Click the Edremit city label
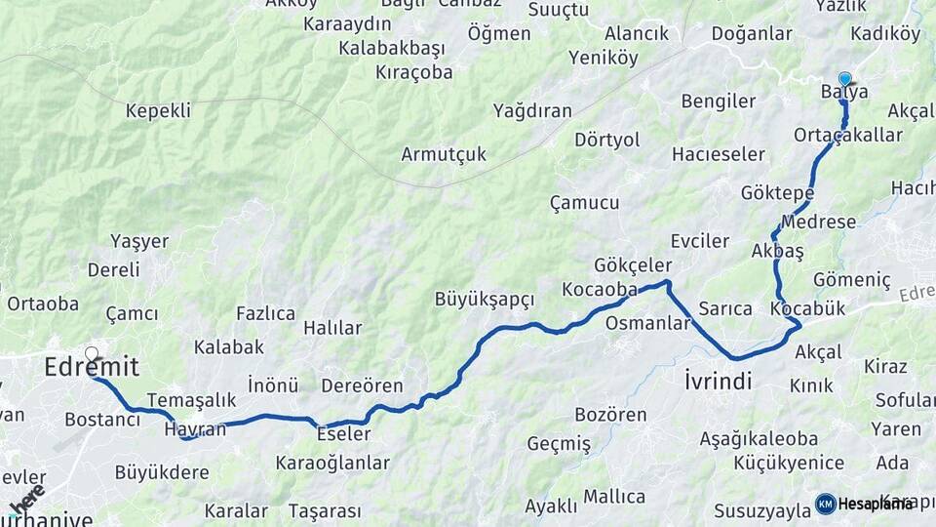92,368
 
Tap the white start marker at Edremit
92,354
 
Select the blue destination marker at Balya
844,80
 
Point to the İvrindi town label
718,381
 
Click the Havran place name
195,428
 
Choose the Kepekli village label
158,110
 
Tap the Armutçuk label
444,154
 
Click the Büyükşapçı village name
485,299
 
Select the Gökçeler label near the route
633,265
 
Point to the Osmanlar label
647,323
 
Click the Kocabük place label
807,308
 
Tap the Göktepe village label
777,192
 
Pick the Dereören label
362,385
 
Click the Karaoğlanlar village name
332,463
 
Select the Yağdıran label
532,110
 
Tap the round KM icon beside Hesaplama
825,504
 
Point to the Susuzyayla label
761,510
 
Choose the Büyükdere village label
162,472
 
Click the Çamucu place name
584,203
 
